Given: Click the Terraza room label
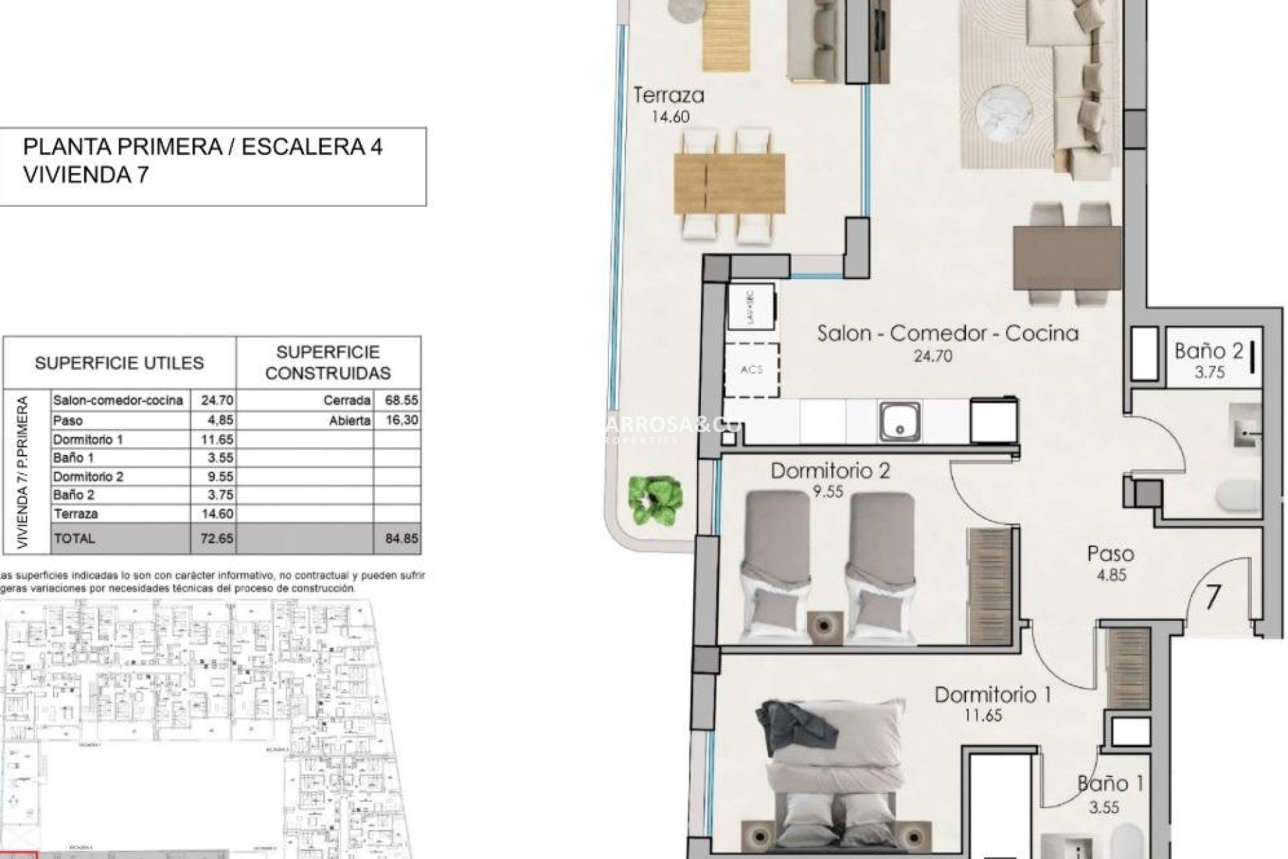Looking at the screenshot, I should click(669, 95).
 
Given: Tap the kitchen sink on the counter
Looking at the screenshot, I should click(899, 421).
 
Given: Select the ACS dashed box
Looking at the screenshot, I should click(752, 370).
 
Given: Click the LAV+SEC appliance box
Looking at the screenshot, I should click(751, 307).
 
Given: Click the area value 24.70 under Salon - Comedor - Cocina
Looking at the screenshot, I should click(932, 356).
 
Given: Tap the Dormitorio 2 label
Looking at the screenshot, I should click(830, 470).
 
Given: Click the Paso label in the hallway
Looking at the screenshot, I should click(1110, 554).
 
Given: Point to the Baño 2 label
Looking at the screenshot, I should click(1208, 350).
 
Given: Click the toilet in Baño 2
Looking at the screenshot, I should click(1238, 497).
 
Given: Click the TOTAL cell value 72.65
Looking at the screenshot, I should click(216, 538).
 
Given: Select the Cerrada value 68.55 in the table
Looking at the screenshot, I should click(401, 400).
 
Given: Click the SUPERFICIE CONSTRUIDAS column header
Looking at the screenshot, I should click(327, 362).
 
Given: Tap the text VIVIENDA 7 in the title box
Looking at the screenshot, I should click(86, 175).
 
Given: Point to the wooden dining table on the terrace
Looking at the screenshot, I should click(729, 183).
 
